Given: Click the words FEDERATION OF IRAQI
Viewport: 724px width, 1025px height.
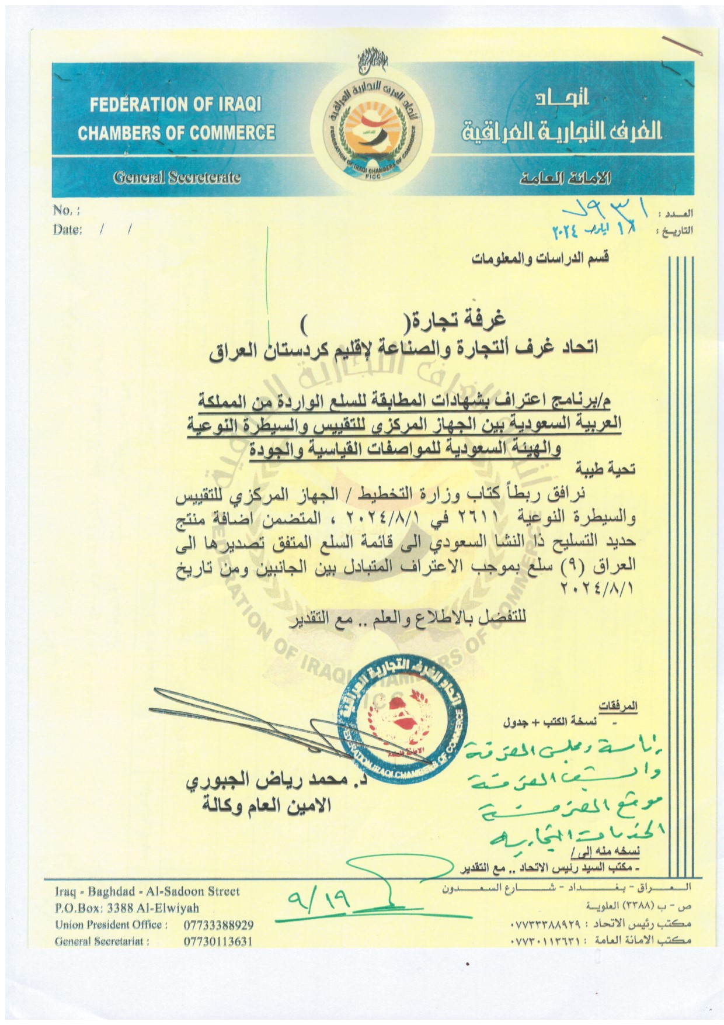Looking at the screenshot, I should [175, 106].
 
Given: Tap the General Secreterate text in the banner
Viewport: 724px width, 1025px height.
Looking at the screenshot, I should [177, 177].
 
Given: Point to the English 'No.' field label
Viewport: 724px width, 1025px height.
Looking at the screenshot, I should [65, 210].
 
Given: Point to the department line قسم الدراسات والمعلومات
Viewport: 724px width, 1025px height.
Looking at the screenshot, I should [540, 257].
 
